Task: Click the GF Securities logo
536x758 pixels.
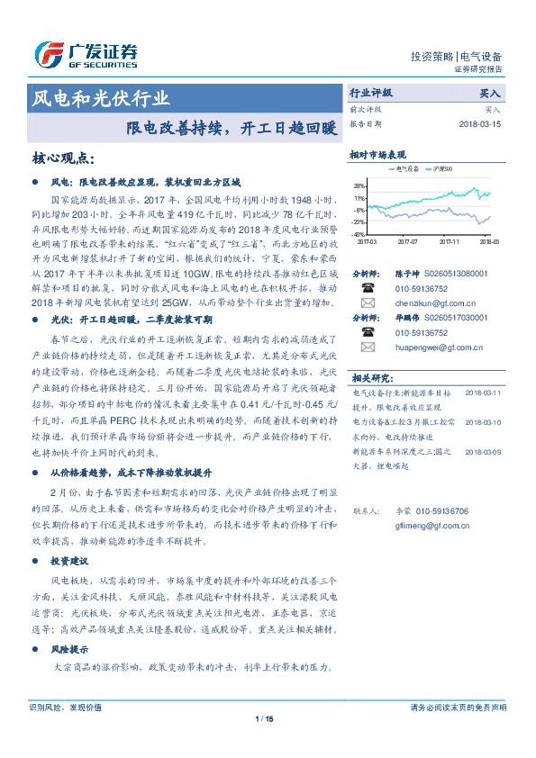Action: [86, 56]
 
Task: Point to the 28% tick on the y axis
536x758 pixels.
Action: [359, 185]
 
